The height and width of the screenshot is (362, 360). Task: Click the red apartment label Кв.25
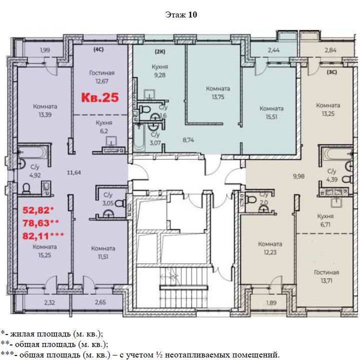click(x=100, y=97)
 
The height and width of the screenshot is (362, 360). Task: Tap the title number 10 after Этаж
click(x=192, y=14)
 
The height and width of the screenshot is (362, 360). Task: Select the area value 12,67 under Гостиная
click(x=102, y=81)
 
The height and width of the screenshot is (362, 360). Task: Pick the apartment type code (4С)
click(x=98, y=49)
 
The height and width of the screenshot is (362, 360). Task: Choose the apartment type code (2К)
click(x=160, y=51)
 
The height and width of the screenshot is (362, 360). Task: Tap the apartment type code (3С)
click(x=332, y=72)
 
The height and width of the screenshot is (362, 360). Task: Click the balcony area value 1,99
click(x=45, y=50)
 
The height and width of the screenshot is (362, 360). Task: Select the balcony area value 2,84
click(x=330, y=50)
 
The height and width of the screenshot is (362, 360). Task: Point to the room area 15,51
click(x=271, y=117)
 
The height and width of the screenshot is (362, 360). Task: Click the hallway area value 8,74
click(x=188, y=140)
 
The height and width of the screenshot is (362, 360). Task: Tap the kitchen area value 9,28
click(x=159, y=75)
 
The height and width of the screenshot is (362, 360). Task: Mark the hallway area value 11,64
click(x=74, y=172)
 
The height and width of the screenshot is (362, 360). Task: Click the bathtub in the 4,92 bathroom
click(x=33, y=152)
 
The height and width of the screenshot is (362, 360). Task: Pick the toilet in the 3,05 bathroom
click(x=120, y=203)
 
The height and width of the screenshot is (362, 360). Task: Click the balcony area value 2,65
click(x=100, y=302)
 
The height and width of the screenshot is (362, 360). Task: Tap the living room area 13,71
click(x=326, y=281)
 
